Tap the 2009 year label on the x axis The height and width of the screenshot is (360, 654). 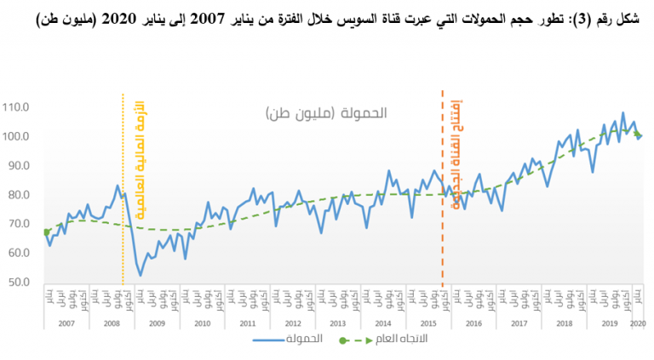point(157,323)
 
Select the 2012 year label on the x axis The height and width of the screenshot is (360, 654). point(292,323)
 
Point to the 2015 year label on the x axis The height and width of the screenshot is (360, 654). point(427,323)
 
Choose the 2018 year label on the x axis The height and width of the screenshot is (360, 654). point(563,323)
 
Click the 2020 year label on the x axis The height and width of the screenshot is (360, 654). point(639,323)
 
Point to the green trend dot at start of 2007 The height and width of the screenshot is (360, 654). point(46,231)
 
